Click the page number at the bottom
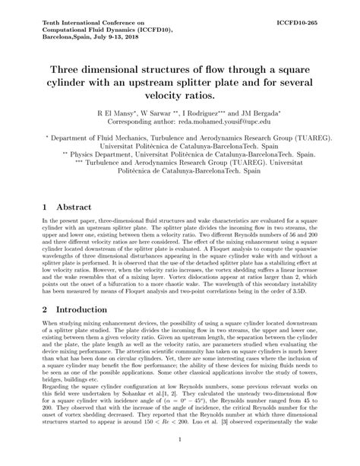(x=180, y=460)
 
